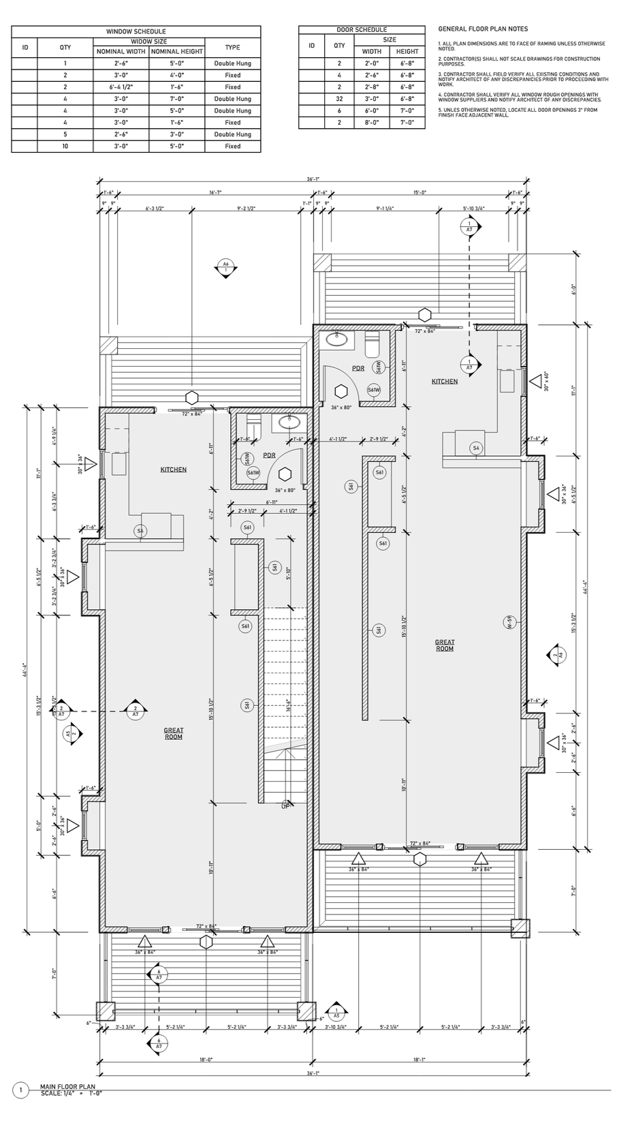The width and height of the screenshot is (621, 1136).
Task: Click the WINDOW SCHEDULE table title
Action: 136,31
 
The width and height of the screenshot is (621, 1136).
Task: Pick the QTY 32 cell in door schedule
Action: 338,99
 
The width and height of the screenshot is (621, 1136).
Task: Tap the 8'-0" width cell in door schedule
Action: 372,123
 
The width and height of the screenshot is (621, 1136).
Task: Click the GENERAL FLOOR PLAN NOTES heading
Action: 483,29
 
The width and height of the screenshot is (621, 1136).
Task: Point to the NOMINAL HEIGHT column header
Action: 177,52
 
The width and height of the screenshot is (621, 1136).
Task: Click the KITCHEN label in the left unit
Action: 173,470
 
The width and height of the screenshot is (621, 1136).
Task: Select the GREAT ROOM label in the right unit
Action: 445,645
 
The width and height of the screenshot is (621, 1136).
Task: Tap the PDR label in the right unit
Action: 357,369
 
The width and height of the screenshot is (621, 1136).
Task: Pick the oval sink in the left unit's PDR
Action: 289,423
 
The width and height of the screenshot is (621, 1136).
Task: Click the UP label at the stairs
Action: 286,805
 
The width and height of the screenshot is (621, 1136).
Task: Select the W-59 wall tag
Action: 508,621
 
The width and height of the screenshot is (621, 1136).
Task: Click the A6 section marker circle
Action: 225,266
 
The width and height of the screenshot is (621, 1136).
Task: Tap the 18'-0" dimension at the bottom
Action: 206,1060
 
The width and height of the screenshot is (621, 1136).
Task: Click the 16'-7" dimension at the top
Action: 215,193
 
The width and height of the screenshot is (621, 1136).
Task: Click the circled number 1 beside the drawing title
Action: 21,1090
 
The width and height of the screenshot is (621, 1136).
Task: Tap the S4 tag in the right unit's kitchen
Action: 476,448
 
